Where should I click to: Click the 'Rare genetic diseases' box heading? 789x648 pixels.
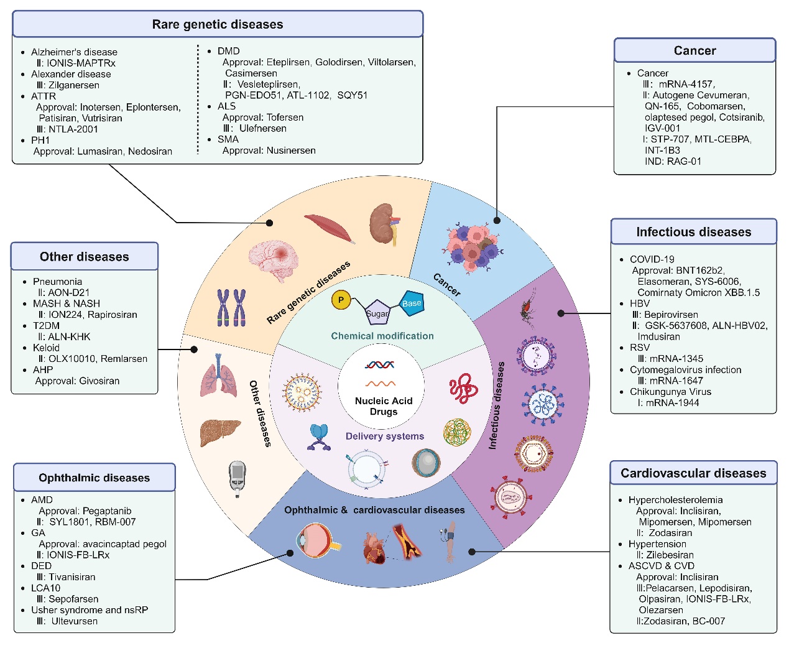(218, 24)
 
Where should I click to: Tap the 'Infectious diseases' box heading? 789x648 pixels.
(693, 232)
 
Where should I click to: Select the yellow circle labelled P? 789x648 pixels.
(341, 300)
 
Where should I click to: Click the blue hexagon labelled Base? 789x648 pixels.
(411, 303)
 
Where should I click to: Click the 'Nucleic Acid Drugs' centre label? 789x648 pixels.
(384, 406)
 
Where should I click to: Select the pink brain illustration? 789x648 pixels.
(273, 257)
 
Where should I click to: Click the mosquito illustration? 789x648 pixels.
(527, 307)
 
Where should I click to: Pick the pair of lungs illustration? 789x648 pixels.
(218, 376)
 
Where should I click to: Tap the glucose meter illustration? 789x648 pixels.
(237, 478)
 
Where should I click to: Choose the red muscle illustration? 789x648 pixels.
(330, 228)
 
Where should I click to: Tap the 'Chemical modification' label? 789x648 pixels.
(382, 336)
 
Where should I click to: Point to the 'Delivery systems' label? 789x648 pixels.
(385, 436)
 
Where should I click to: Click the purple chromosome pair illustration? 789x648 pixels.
(231, 307)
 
